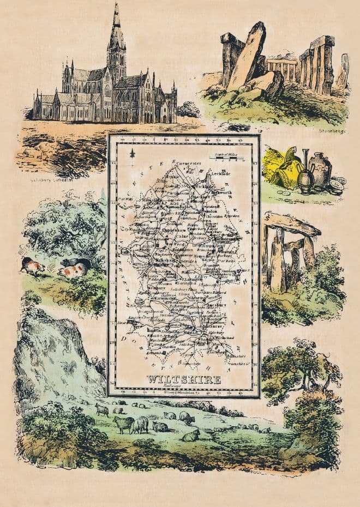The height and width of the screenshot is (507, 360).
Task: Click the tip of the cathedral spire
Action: pyautogui.click(x=116, y=4)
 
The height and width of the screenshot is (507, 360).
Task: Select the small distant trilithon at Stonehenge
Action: pyautogui.click(x=282, y=68)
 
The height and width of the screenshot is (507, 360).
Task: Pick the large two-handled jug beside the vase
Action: pyautogui.click(x=320, y=170)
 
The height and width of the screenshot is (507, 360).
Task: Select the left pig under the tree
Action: pyautogui.click(x=33, y=266)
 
